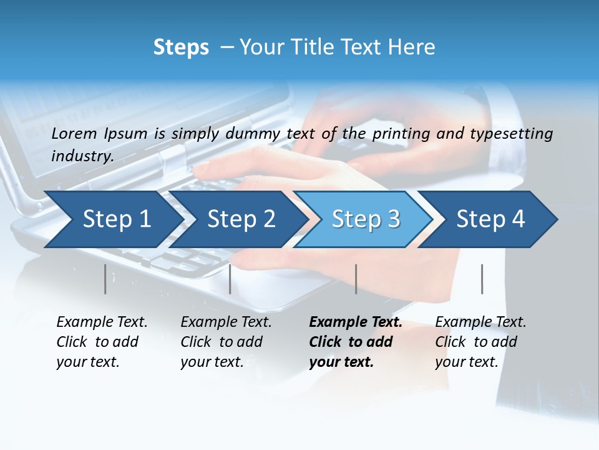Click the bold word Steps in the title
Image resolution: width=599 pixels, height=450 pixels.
click(x=181, y=47)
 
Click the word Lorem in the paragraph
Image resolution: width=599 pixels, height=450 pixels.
click(x=74, y=133)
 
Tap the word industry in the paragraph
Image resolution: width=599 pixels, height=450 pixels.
click(x=82, y=156)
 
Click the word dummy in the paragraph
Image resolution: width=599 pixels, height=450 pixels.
click(x=255, y=133)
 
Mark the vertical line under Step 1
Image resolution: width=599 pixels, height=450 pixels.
click(x=105, y=279)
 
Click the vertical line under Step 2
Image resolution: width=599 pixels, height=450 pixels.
click(x=230, y=279)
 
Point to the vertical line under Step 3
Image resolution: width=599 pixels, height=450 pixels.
click(x=356, y=279)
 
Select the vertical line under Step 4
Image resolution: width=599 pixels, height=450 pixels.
click(x=482, y=279)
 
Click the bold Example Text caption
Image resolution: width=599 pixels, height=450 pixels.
click(x=355, y=342)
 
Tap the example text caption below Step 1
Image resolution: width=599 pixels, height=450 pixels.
click(x=102, y=342)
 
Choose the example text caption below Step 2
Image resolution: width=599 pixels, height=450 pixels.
click(x=226, y=342)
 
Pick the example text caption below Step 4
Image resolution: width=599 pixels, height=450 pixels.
click(x=480, y=342)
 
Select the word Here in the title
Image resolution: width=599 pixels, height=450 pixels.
click(x=414, y=47)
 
